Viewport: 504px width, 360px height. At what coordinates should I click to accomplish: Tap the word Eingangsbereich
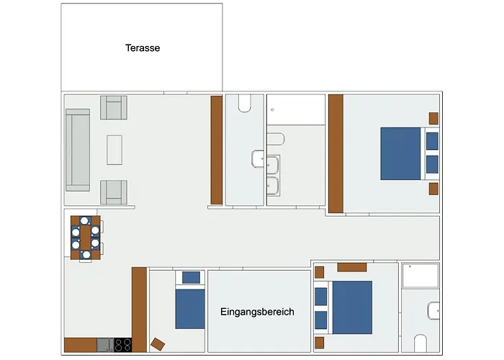coord(257,312)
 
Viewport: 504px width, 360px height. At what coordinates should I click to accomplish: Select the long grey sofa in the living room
coord(78,150)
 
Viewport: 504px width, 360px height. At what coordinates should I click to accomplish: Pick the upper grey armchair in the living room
coord(113,108)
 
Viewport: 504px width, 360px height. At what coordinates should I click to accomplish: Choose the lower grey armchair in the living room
coord(113,192)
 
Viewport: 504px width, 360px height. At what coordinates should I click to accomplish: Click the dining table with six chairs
coord(86,237)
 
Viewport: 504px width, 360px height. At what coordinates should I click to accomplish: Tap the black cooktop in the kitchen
coord(123,345)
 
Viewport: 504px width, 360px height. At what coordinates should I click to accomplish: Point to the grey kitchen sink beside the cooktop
coord(104,345)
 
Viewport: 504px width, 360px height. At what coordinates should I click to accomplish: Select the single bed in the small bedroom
coord(190,307)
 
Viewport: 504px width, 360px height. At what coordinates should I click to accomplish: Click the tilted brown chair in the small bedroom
coord(158,343)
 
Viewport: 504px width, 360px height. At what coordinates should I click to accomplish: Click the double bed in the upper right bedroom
coord(401,153)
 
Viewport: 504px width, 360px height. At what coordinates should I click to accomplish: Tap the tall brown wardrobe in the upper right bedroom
coord(336,153)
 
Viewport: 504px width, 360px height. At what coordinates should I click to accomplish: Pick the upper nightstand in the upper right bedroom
coord(434,118)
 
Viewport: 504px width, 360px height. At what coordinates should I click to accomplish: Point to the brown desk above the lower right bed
coord(353,267)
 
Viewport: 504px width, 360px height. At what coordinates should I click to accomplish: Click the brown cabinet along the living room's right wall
coord(215,150)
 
